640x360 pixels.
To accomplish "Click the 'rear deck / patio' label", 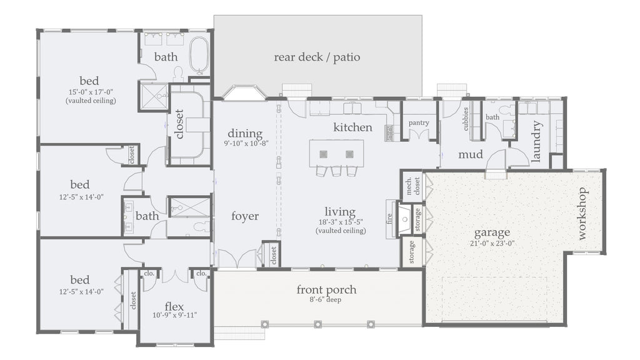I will tap(317, 57).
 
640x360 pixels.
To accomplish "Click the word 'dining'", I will tap(244, 134).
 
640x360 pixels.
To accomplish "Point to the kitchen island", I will tap(337, 152).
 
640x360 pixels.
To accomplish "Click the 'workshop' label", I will tap(582, 213).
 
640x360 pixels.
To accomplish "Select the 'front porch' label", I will tap(326, 289).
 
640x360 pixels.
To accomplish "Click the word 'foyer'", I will tap(244, 216).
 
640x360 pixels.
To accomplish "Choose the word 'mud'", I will tap(470, 154).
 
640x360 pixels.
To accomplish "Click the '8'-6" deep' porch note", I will tap(326, 300).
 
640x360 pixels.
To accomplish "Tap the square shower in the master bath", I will tap(152, 96).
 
